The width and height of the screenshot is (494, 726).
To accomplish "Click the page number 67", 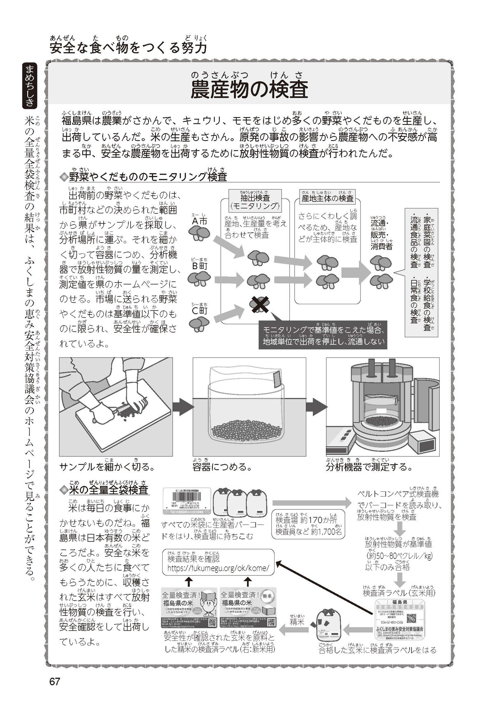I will point(55,681).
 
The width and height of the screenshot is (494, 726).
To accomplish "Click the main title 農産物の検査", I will point(249,90).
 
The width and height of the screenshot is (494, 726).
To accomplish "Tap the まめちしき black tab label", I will point(30,86).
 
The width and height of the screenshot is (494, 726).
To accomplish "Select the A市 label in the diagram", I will point(199,221).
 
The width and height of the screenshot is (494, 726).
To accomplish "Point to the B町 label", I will point(200,266).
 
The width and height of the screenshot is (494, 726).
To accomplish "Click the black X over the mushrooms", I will point(259,304).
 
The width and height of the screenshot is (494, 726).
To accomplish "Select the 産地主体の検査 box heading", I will point(327,198).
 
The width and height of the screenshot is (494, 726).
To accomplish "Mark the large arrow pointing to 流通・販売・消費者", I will point(355,272).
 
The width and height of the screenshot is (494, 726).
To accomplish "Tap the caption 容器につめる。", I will point(222,467).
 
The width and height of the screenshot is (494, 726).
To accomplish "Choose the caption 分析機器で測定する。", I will point(369,467).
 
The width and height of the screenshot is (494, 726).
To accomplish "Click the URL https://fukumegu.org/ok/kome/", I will point(218,568).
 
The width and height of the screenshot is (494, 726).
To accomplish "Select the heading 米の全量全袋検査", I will point(108,490).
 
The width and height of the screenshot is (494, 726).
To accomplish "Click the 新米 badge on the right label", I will point(266,595).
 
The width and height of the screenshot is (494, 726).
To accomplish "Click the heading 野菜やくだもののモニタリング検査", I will point(148,177).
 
